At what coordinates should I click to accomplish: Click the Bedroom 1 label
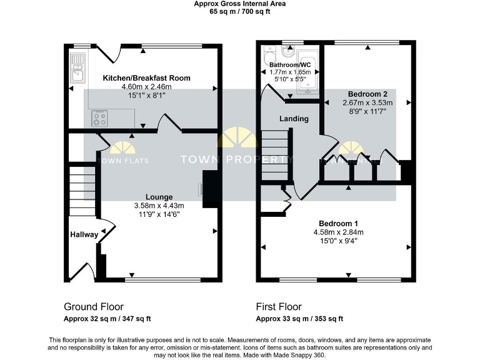(x=338, y=224)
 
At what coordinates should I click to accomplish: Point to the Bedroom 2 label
(x=367, y=94)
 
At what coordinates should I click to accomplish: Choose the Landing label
(x=293, y=119)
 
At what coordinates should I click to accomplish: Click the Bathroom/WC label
(x=289, y=65)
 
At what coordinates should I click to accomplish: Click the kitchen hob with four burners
(x=99, y=118)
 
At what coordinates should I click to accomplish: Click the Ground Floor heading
(x=93, y=307)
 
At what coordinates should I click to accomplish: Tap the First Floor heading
(x=279, y=307)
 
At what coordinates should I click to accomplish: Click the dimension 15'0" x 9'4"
(x=338, y=241)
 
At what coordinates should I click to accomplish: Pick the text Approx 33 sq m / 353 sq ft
(x=299, y=319)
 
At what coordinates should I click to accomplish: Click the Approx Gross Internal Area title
(x=239, y=4)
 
